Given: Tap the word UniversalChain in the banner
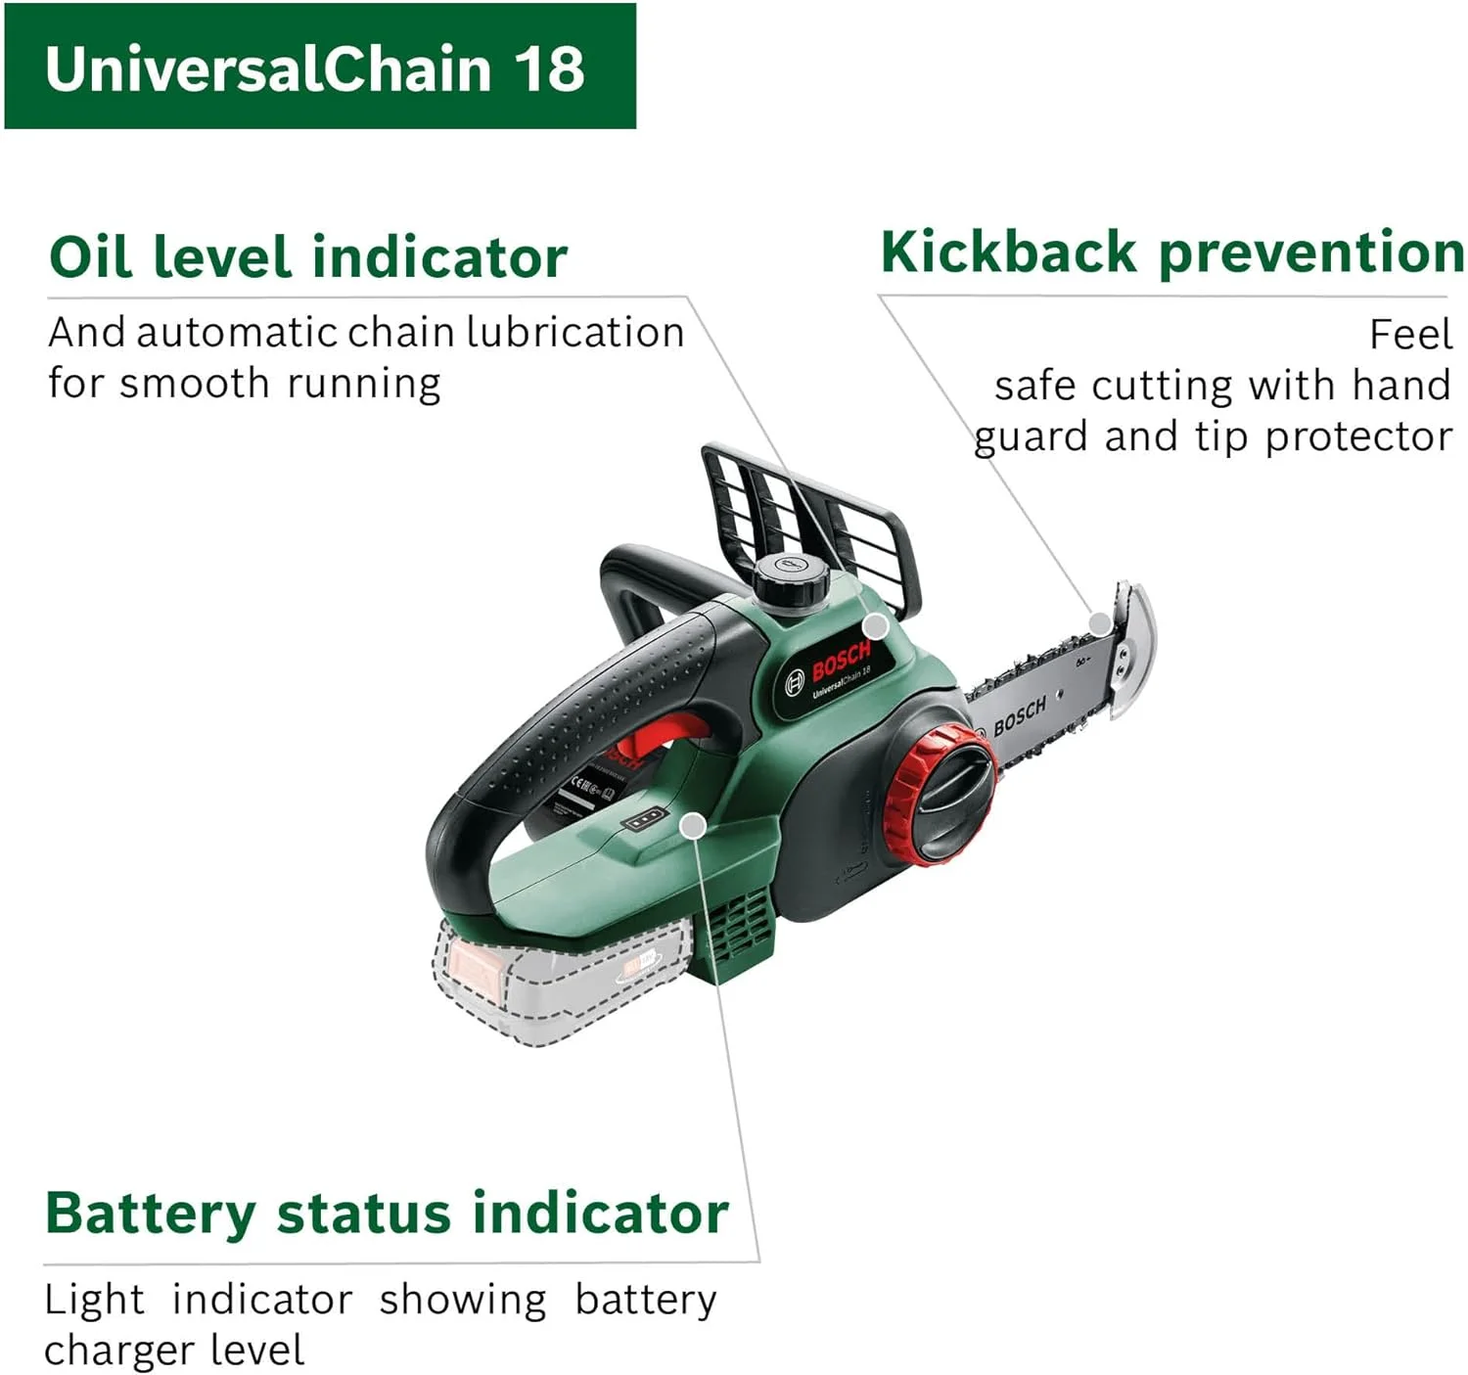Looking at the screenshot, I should [267, 69].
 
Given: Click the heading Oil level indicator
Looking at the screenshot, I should [308, 256].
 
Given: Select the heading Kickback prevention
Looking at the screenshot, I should [1171, 252].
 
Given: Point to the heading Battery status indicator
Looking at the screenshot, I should [387, 1214].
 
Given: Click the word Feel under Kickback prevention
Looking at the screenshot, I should [1410, 335].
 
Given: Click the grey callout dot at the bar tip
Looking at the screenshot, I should [1100, 623].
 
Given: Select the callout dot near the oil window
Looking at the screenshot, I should [876, 626].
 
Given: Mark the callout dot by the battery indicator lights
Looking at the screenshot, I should [693, 826].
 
